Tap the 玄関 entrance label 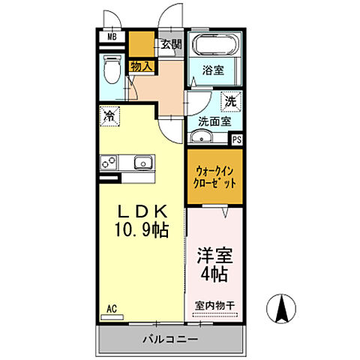(x=170, y=43)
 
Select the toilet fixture (x=112, y=70)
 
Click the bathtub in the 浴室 (x=214, y=45)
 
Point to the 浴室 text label (x=214, y=71)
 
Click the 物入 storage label (x=141, y=67)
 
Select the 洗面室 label (x=214, y=120)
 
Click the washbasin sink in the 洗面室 (x=201, y=136)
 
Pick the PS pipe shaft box (x=237, y=139)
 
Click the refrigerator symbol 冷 (x=109, y=115)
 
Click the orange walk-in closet (x=215, y=177)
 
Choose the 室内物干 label (x=215, y=305)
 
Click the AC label (x=112, y=308)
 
